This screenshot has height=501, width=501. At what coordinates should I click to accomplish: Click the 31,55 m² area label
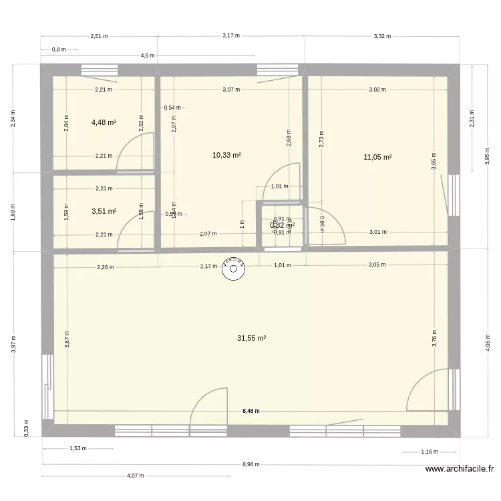pos(251,339)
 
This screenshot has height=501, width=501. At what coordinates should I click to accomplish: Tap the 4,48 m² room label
pos(104,122)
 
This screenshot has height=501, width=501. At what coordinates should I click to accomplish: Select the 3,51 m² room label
pos(104,212)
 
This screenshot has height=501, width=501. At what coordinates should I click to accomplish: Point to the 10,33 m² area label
pos(226,155)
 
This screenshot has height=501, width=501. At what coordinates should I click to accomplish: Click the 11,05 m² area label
pos(377,158)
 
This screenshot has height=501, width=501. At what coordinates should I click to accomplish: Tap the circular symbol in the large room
pos(234,270)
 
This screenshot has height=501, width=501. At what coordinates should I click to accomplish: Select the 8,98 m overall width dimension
pos(251,464)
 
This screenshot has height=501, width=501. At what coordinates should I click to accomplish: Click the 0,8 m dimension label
pos(59,49)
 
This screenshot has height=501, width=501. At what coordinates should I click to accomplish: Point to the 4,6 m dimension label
pos(148,56)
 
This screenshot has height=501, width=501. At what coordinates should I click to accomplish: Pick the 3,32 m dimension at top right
pos(382,36)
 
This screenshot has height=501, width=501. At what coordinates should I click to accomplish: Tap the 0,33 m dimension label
pos(27,426)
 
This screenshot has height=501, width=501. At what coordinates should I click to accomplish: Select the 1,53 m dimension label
pos(77,449)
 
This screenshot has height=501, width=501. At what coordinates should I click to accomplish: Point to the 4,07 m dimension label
pos(136,476)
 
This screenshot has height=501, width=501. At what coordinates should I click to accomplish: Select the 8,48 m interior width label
pos(251,412)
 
